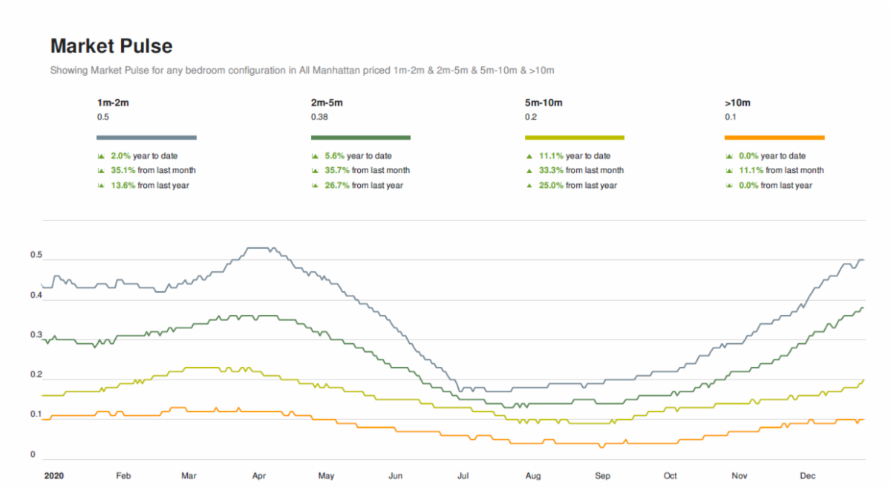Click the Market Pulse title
[111, 46]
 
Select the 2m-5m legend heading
[327, 103]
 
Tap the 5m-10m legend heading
[544, 103]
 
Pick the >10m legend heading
[738, 103]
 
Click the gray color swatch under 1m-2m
[146, 137]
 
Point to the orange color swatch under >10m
[774, 137]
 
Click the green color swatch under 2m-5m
[361, 137]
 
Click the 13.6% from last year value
[123, 186]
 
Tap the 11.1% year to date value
[550, 156]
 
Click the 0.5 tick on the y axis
[36, 256]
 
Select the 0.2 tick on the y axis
[36, 375]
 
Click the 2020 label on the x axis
[53, 475]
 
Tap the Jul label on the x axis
[463, 475]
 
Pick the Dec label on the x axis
[808, 475]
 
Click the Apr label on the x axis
[259, 475]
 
